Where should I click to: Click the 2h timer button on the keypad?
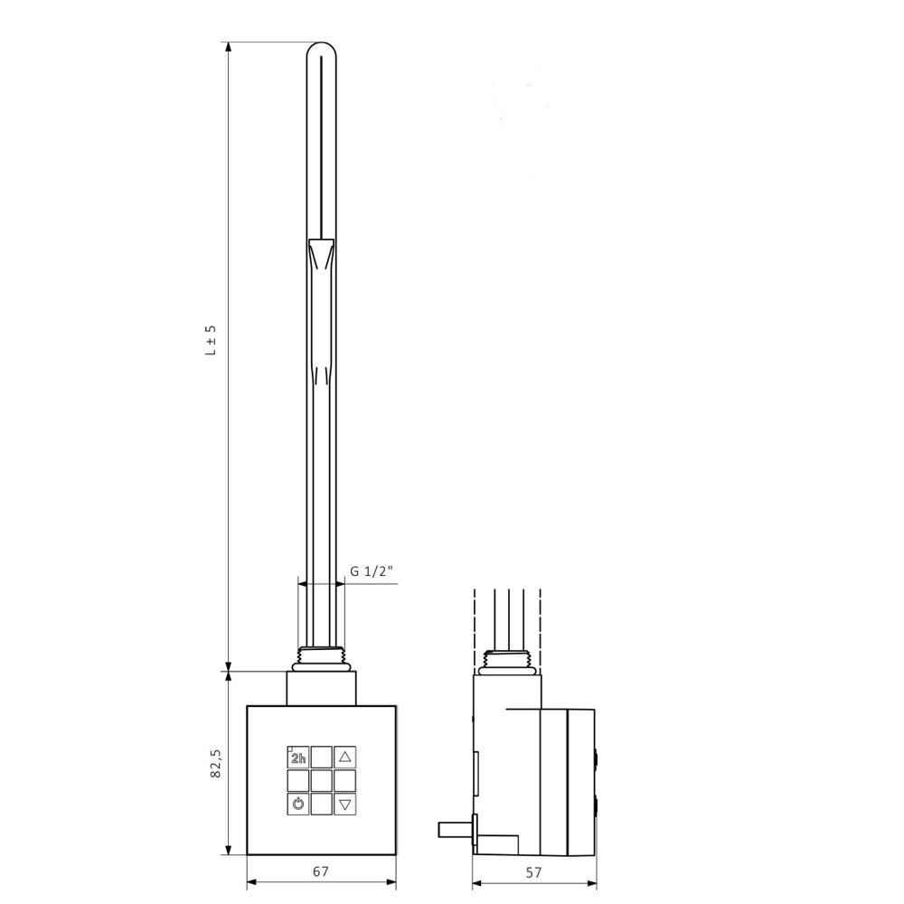click(x=298, y=758)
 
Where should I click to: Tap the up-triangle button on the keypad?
click(x=344, y=758)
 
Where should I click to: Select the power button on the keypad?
click(x=298, y=804)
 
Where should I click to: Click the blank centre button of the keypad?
click(x=321, y=781)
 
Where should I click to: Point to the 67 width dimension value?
click(x=321, y=871)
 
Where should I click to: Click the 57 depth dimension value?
click(x=534, y=872)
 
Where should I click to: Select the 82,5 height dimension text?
click(x=216, y=764)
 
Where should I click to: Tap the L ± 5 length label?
click(x=212, y=340)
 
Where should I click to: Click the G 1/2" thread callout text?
click(x=372, y=571)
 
